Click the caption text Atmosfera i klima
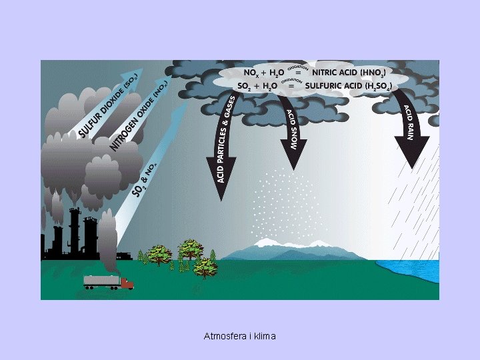pos(239,336)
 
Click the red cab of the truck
pos(127,283)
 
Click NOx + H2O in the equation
pos(264,71)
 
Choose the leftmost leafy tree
pos(159,254)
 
